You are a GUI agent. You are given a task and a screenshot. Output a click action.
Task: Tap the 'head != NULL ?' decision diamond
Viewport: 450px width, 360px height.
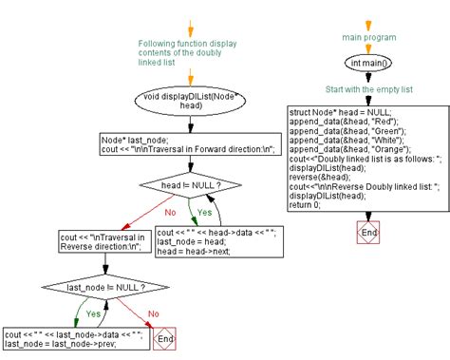pos(190,185)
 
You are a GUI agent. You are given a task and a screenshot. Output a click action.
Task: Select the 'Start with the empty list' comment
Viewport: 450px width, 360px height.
pos(369,90)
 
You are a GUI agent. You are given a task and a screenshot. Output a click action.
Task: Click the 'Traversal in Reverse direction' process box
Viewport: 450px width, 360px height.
pos(77,241)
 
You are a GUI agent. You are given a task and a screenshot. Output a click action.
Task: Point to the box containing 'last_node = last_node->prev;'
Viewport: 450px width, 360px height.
pos(73,339)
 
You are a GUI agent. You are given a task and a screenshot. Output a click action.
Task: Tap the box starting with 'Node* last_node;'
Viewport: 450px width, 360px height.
pos(188,142)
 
